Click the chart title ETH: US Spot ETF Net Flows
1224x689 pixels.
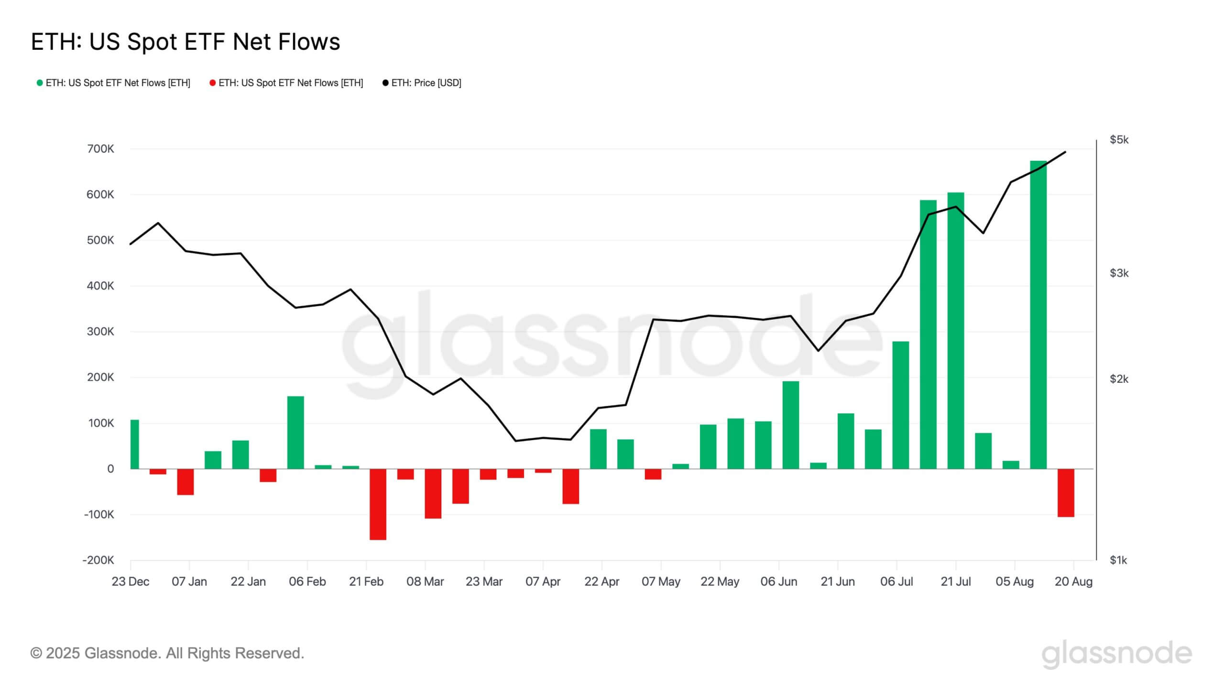click(x=186, y=42)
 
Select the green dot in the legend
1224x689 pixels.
click(x=40, y=83)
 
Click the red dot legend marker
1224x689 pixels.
click(x=213, y=83)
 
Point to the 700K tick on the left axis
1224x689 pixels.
click(x=100, y=149)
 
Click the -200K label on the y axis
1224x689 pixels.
click(x=98, y=560)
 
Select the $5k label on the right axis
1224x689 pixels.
click(x=1119, y=140)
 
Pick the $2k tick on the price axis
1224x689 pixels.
click(x=1119, y=379)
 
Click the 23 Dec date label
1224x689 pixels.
click(x=130, y=582)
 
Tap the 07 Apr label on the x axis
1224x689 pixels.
click(x=543, y=582)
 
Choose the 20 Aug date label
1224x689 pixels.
click(x=1073, y=582)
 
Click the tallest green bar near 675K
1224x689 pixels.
click(x=1038, y=316)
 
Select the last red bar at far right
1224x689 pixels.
click(x=1066, y=493)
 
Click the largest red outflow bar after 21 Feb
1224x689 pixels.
click(x=378, y=504)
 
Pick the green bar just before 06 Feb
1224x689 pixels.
click(x=295, y=433)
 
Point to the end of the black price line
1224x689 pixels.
click(x=1065, y=152)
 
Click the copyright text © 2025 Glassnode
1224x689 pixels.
click(x=167, y=653)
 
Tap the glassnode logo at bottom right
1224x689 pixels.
click(x=1116, y=654)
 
